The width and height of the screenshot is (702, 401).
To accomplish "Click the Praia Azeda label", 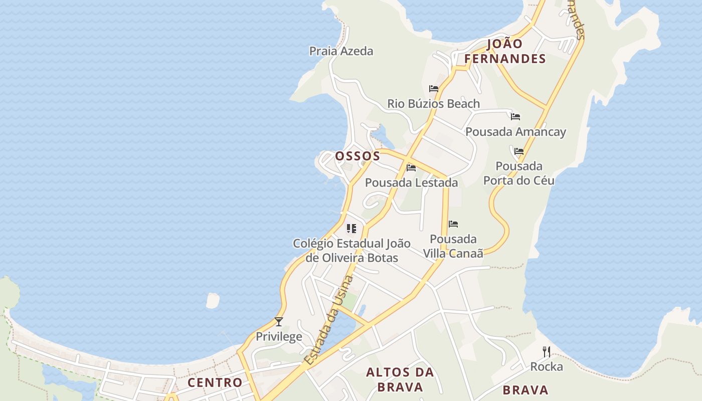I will tap(341, 51).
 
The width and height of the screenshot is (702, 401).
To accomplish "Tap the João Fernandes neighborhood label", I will tap(504, 51).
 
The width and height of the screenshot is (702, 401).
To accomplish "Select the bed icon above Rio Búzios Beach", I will tap(434, 89).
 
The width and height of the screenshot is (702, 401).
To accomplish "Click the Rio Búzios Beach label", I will tap(433, 104).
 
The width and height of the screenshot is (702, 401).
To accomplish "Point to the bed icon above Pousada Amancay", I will tap(515, 117).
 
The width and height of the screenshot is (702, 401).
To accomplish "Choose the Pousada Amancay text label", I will tap(515, 132).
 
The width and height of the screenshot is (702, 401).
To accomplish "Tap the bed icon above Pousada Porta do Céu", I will tap(519, 151).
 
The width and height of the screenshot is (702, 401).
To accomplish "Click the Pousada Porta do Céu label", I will tap(519, 173).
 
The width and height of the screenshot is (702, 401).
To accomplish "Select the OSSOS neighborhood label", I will tap(358, 156).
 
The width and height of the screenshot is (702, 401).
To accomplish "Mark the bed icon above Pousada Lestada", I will tap(411, 167).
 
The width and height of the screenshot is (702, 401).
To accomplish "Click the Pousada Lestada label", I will tap(411, 182).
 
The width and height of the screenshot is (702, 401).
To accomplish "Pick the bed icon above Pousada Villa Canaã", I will tap(453, 224).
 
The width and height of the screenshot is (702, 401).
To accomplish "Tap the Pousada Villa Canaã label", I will tap(453, 246).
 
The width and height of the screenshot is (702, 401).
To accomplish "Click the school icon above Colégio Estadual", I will tap(352, 229).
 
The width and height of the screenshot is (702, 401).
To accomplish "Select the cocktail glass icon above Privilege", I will tap(279, 321).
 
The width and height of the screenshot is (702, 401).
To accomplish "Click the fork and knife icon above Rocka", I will tap(547, 352).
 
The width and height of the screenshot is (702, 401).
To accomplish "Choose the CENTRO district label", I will tap(215, 382).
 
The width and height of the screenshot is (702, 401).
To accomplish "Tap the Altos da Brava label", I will tap(400, 379).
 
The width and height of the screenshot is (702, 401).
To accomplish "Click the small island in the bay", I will tap(213, 300).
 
